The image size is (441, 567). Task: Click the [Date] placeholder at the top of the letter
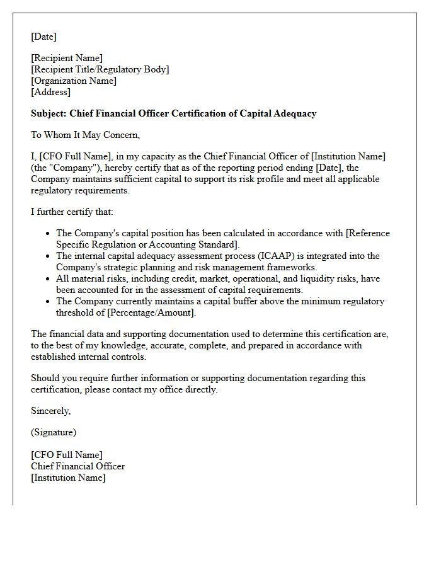[x=43, y=37]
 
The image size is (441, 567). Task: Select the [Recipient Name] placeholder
[x=67, y=58]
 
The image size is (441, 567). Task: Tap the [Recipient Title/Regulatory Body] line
[x=100, y=69]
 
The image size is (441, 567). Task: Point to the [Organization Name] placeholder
[x=74, y=81]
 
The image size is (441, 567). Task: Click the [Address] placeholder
[x=50, y=92]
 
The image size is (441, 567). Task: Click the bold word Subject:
[x=49, y=113]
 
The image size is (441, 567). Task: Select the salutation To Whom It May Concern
[x=85, y=135]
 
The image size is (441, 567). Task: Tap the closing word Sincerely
[x=50, y=411]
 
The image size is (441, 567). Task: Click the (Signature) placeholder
[x=54, y=432]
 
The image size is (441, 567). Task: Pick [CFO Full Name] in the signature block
[x=67, y=455]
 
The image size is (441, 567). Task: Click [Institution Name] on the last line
[x=68, y=478]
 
